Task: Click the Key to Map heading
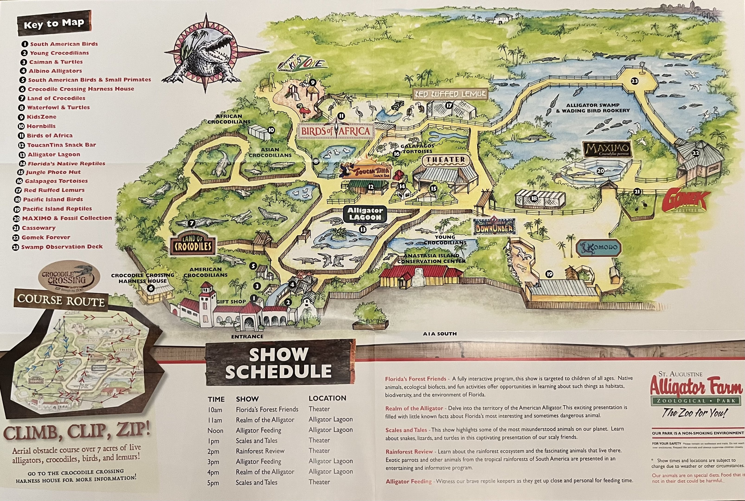(54, 24)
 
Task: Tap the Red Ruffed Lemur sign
(450, 94)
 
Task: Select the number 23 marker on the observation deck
(634, 81)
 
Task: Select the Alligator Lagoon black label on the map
(365, 214)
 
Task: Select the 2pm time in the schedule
(213, 451)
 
